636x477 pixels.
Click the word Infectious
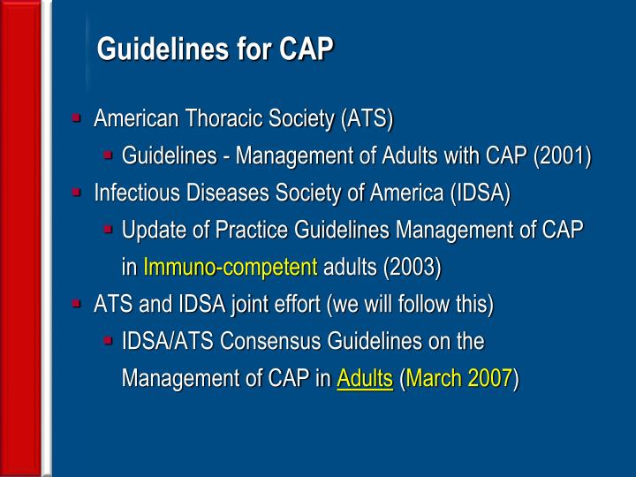(132, 193)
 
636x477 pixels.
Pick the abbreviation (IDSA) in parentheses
(480, 193)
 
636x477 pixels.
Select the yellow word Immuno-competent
(230, 267)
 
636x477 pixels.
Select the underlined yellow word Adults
(364, 379)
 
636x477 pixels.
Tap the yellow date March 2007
(459, 379)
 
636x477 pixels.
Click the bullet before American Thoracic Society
(78, 117)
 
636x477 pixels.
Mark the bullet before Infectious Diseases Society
(78, 193)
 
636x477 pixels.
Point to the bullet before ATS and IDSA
(78, 304)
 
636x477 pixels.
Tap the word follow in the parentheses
(419, 305)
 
